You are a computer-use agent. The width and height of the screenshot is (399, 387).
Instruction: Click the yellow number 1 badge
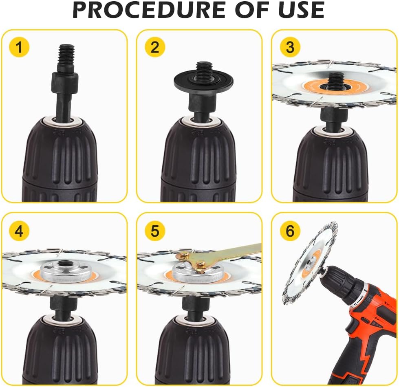coord(19,47)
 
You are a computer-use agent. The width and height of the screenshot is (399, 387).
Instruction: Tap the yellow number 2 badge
coord(155,47)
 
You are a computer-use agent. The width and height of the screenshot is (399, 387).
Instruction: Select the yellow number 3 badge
coord(290,47)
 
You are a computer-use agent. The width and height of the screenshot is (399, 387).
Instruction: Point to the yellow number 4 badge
coord(19,231)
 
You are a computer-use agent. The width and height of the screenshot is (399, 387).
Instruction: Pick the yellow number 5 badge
coord(155,231)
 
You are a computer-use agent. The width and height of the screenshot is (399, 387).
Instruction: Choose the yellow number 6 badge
coord(290,231)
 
